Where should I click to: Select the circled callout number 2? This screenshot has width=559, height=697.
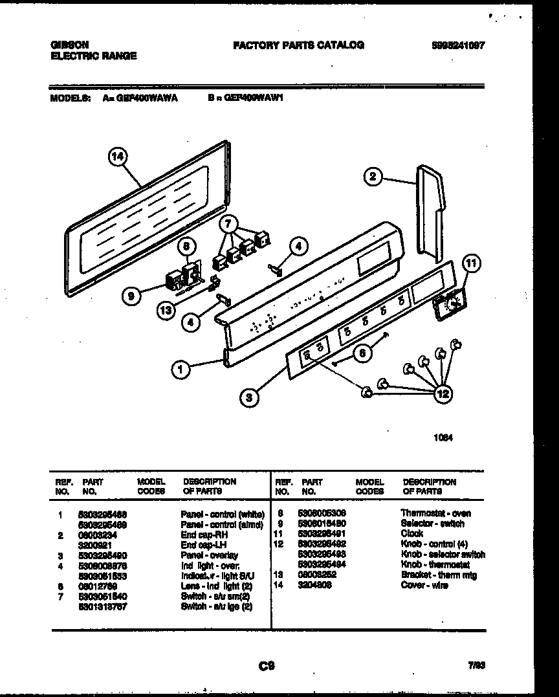372,176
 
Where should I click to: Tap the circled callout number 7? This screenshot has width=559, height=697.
227,224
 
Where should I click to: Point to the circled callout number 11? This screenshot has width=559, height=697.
472,263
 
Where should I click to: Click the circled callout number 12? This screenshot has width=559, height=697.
443,393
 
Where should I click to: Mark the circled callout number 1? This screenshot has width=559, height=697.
181,370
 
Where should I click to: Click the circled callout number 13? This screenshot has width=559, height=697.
168,311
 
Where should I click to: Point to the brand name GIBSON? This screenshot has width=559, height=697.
69,45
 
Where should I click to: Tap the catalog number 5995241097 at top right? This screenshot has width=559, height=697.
458,45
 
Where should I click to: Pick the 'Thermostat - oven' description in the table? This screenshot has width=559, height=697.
435,513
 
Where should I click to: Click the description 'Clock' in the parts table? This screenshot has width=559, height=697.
412,534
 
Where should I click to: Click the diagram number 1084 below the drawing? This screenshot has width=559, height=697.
443,437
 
